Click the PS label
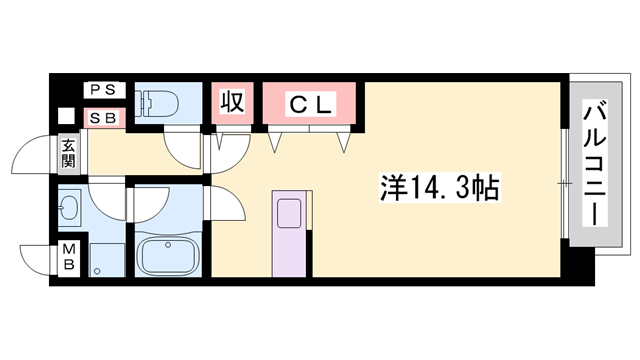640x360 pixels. coord(103,90)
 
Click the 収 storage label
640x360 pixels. coord(233,103)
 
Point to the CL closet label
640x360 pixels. coord(310,103)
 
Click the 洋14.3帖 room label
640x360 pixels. coord(440,187)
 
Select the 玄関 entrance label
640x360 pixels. coord(68,152)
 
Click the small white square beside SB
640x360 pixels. coord(66,115)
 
